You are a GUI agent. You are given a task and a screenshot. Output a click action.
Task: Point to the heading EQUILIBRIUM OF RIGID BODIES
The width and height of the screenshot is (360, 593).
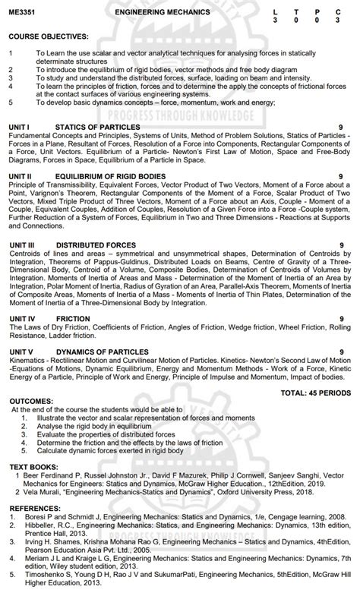pyautogui.click(x=111, y=175)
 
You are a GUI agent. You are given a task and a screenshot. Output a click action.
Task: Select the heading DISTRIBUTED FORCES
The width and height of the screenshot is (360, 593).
pyautogui.click(x=96, y=244)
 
